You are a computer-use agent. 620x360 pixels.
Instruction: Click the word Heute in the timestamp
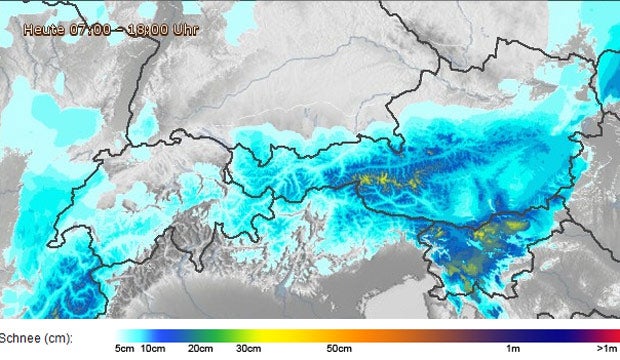click(x=45, y=30)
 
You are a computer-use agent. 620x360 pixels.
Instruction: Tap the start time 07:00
click(x=88, y=30)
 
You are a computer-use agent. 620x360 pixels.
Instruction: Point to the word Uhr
click(x=186, y=30)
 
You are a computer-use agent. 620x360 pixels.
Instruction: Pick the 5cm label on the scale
click(x=125, y=348)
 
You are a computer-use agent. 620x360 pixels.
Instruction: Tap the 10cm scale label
click(x=152, y=348)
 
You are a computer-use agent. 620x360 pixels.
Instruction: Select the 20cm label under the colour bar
click(x=201, y=348)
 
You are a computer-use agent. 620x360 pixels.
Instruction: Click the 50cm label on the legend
click(x=339, y=348)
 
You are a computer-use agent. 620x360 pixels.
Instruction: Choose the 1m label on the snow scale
click(x=512, y=348)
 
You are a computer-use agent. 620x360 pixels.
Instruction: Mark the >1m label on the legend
click(x=605, y=348)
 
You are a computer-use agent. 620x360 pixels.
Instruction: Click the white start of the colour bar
click(x=120, y=335)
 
